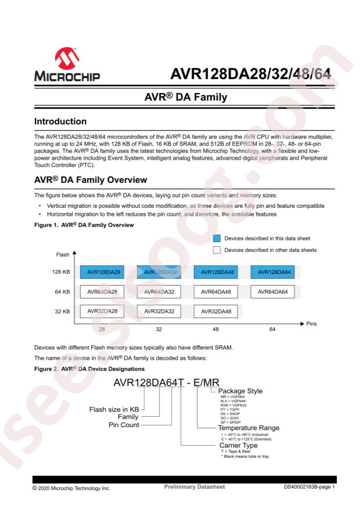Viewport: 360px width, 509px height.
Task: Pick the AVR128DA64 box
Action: click(272, 271)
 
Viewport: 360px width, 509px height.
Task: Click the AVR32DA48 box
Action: click(215, 311)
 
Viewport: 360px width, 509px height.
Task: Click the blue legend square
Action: click(217, 238)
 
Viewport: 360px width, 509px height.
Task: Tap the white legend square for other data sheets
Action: click(217, 250)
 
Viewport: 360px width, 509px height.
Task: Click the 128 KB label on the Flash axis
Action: click(60, 271)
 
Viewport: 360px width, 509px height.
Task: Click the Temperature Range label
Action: click(249, 427)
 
